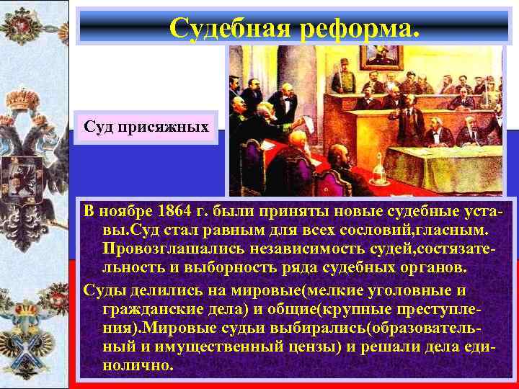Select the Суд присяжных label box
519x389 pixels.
tap(146, 128)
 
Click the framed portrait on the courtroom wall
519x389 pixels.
tap(382, 58)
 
